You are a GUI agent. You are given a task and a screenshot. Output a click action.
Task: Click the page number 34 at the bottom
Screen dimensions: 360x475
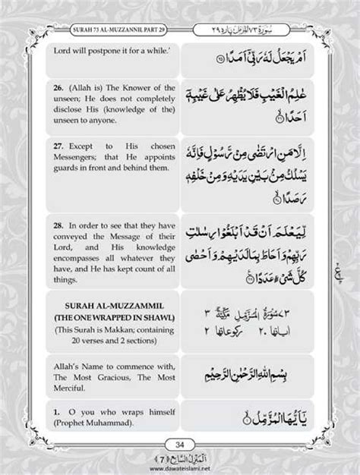coord(180,442)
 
